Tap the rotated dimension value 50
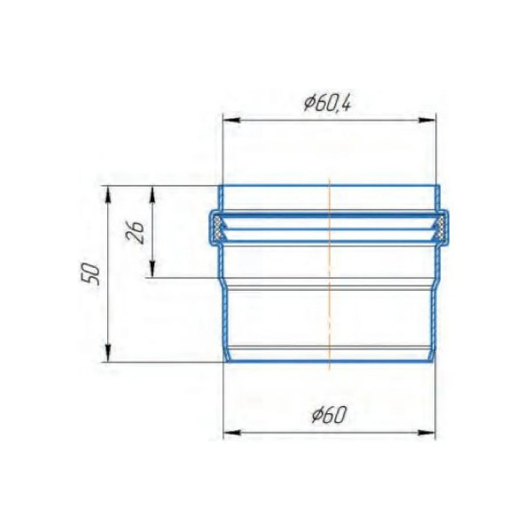(x=91, y=272)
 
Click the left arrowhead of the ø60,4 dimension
(x=227, y=121)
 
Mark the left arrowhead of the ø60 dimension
(x=227, y=433)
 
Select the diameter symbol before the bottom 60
(x=317, y=415)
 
